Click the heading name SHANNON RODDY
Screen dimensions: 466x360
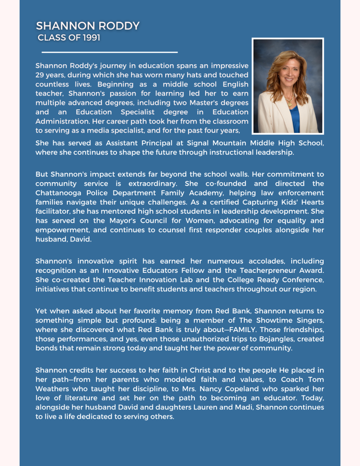[88, 26]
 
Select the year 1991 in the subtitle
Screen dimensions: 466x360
[92, 38]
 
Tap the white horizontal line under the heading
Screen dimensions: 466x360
[109, 52]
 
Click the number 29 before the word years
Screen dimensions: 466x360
[40, 75]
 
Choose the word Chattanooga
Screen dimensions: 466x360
[57, 193]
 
